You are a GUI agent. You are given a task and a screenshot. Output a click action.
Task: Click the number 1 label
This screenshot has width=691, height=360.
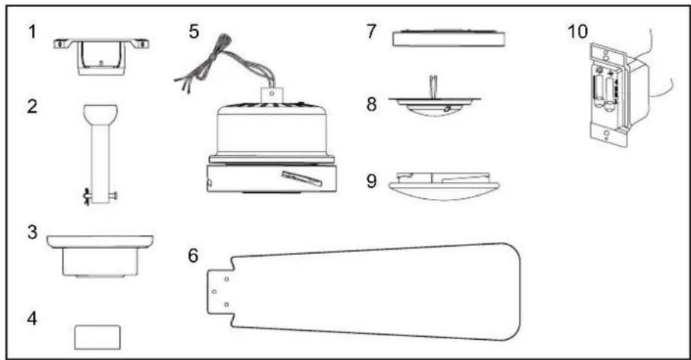(32, 32)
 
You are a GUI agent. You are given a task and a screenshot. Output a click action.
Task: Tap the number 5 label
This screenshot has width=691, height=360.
(194, 32)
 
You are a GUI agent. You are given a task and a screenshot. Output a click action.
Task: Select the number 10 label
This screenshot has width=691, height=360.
(578, 32)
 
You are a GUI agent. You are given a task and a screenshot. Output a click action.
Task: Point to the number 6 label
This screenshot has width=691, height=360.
(193, 256)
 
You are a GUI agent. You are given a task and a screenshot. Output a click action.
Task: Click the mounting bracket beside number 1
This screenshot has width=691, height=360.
(101, 56)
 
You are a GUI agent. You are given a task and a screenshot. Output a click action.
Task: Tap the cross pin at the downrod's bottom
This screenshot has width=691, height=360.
(101, 194)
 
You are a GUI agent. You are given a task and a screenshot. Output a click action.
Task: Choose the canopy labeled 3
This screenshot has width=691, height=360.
(100, 256)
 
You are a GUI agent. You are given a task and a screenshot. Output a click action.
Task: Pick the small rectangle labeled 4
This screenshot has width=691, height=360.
(98, 337)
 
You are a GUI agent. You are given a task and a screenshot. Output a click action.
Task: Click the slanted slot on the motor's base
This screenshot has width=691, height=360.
(302, 177)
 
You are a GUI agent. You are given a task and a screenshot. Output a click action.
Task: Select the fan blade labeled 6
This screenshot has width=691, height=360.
(364, 292)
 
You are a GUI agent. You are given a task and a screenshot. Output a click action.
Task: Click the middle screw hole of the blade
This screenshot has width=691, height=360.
(214, 292)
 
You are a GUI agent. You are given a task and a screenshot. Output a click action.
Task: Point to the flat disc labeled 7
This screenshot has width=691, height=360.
(448, 39)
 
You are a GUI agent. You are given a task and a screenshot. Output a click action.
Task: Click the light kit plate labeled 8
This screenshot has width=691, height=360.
(434, 104)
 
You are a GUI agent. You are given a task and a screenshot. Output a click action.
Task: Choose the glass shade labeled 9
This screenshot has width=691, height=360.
(444, 186)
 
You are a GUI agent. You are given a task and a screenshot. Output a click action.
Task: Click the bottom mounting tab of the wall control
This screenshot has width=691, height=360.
(608, 135)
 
